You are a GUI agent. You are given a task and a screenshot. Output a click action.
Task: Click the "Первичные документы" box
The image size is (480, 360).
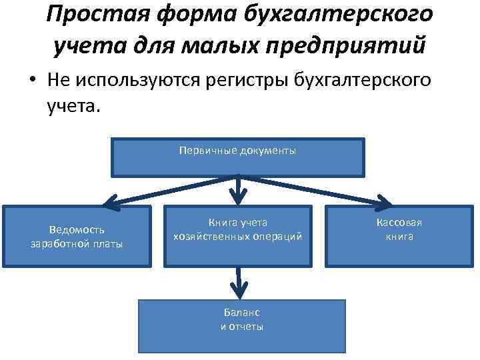point(238,157)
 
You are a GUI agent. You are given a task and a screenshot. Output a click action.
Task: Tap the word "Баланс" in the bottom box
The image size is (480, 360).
point(242,313)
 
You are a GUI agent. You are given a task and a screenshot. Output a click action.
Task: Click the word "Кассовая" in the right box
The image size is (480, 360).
point(399,223)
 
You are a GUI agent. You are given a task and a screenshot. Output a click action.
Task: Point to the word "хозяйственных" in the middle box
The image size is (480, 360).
point(205,237)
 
